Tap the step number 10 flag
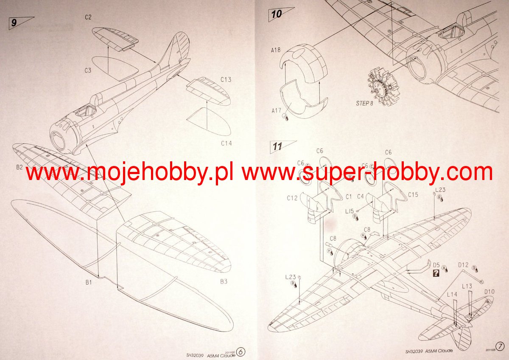pos(276,14)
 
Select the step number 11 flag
pos(278,147)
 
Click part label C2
pos(88,17)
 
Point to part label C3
pos(87,70)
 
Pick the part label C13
pos(226,79)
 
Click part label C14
pos(227,143)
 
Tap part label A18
pos(276,50)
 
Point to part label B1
pos(89,281)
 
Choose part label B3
pos(224,281)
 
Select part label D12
pos(463,265)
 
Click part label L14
pos(452,294)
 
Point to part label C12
pos(292,198)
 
